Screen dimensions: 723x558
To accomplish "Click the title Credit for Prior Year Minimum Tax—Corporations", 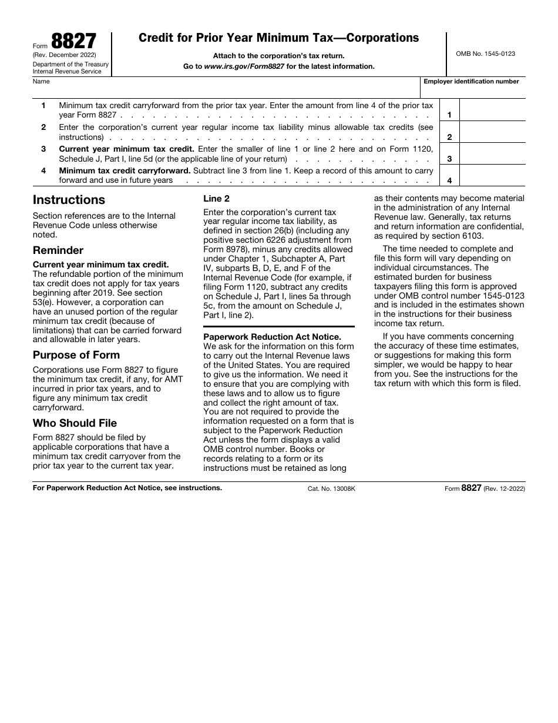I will coord(278,38).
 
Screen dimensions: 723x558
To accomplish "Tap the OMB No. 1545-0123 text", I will coord(485,53).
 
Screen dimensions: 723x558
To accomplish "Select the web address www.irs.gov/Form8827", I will coord(244,66).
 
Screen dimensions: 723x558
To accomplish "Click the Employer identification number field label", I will coord(471,82).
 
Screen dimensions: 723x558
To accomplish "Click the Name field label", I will coord(41,82).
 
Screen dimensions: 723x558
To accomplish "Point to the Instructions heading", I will coord(69,200).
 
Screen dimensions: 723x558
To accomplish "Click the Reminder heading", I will coord(58,250).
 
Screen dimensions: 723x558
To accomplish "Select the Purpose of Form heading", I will coord(76,355).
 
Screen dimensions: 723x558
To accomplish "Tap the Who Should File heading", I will coord(75,423).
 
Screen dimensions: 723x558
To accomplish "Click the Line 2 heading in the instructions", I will coord(217,199).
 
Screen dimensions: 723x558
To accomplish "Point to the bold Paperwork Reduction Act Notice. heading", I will coord(272,337).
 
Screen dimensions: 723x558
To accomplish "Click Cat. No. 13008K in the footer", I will coord(331,488).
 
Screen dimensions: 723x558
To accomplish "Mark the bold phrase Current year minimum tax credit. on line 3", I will coord(126,149).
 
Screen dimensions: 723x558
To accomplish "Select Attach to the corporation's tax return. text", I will coord(278,56).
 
